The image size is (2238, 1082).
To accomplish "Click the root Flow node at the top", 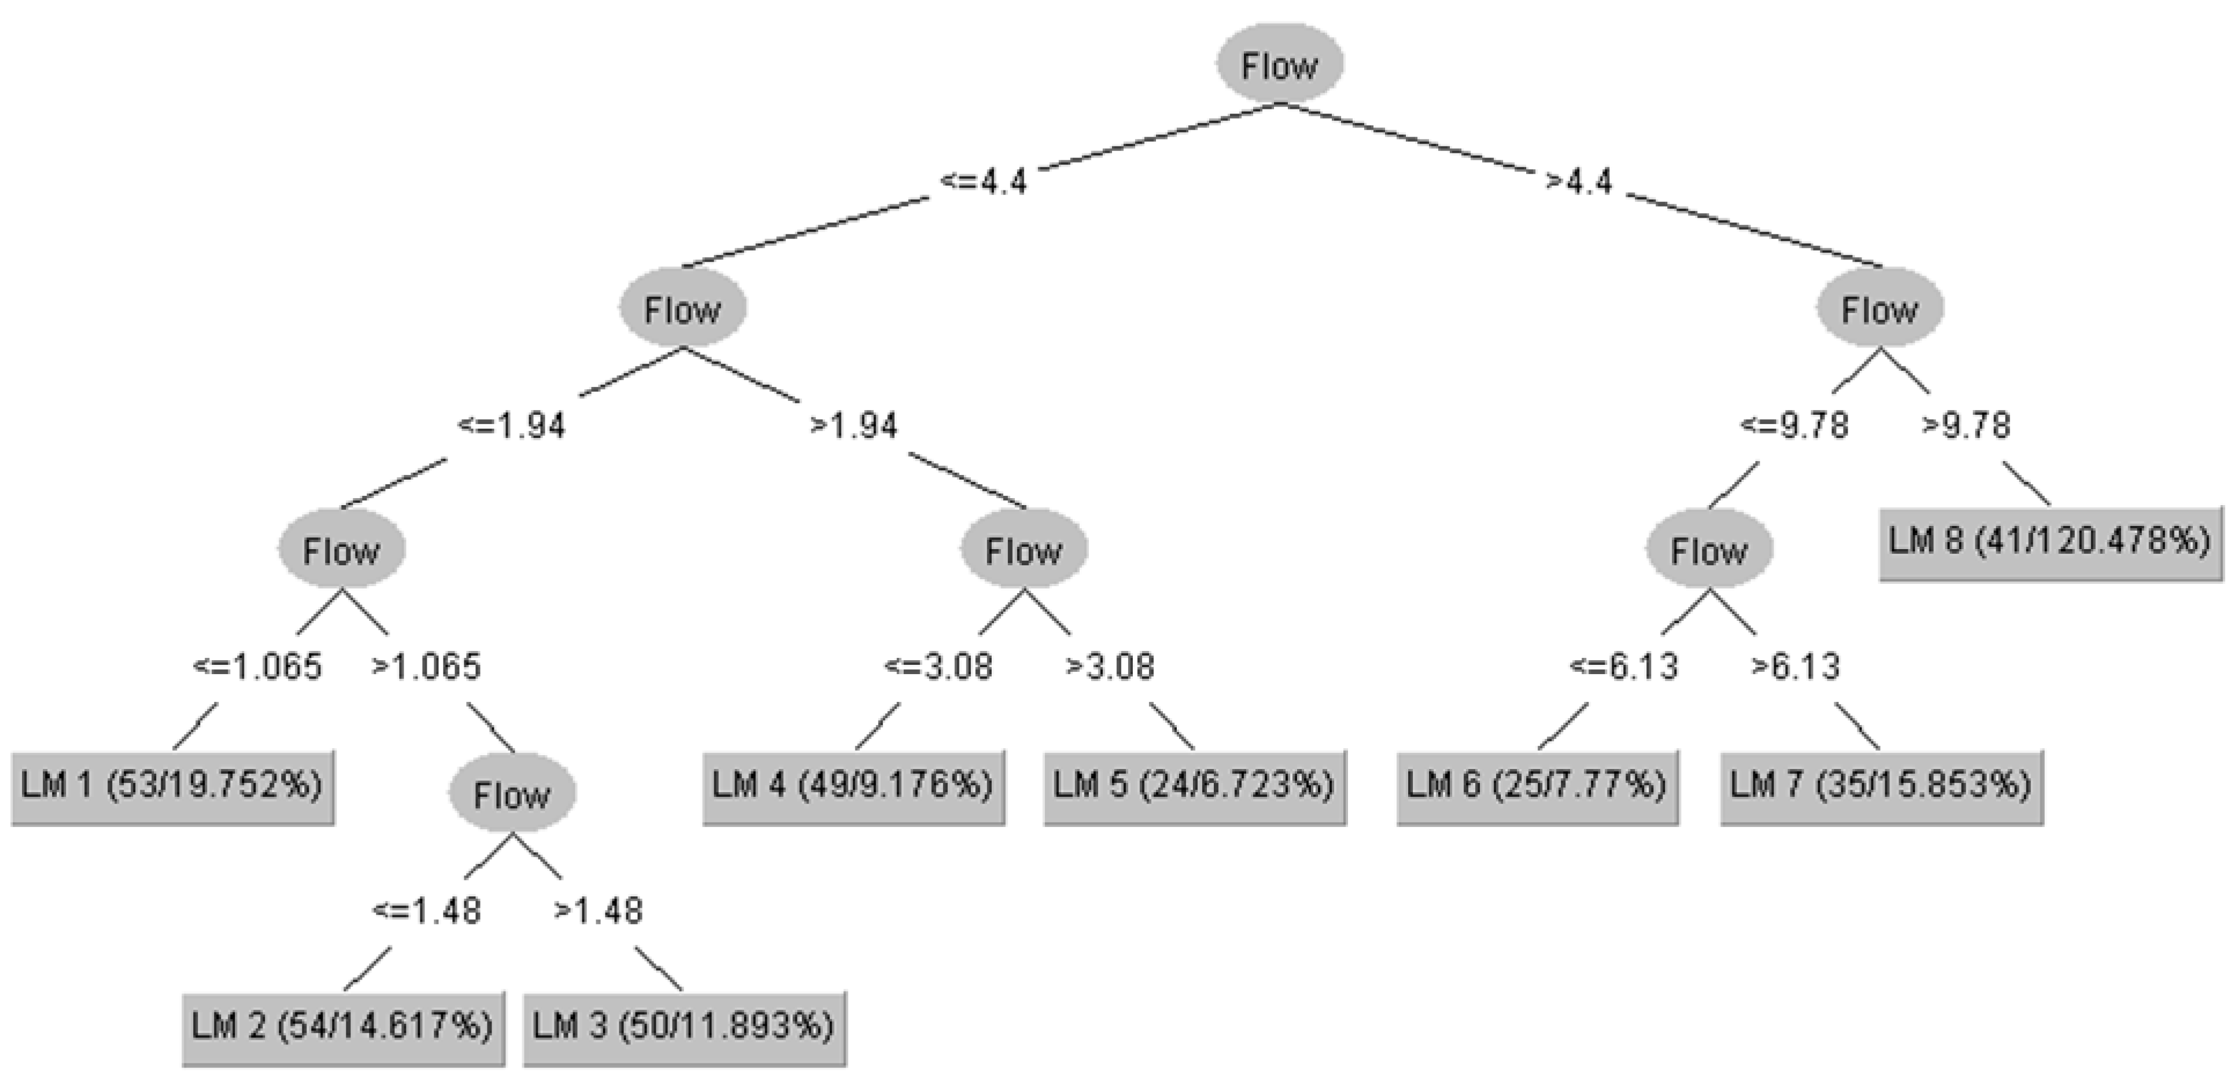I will point(1279,64).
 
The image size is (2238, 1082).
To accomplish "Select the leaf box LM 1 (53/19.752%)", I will point(172,786).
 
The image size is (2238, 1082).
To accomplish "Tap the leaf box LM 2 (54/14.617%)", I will point(342,1027).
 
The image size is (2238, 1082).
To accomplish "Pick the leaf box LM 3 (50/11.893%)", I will point(684,1027).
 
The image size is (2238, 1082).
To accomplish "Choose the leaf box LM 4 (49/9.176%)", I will point(853,786).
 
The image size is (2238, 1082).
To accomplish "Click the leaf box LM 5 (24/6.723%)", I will point(1195,786).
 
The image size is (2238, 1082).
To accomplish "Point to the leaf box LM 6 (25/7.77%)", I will point(1537,786).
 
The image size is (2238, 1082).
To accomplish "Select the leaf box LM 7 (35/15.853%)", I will point(1881,786).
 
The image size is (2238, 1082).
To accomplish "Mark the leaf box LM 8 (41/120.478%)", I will point(2049,542).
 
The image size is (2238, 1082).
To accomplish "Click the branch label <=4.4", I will point(984,182).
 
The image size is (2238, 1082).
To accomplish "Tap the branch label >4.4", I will point(1579,182).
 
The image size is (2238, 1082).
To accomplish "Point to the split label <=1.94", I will point(512,426).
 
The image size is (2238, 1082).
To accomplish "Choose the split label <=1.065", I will point(257,667).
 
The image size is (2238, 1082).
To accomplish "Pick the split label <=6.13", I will point(1624,667).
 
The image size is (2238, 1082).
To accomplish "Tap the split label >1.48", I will point(599,911).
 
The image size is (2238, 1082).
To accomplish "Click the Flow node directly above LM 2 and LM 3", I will point(512,793).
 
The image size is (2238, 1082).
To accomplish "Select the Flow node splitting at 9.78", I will point(1880,308).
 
